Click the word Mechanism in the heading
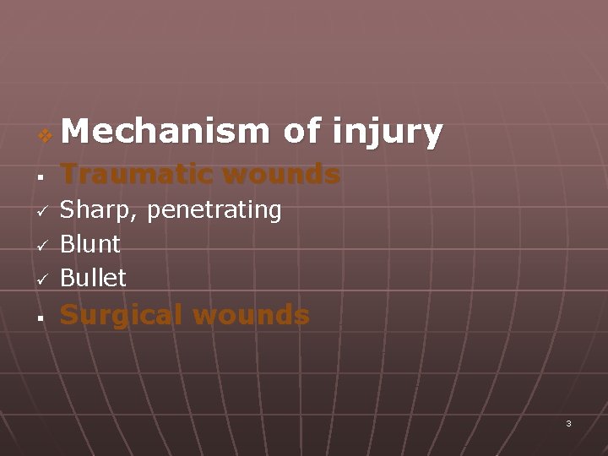[x=165, y=132]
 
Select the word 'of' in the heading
[x=301, y=132]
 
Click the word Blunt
[x=90, y=244]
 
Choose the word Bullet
[x=93, y=277]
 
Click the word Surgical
[x=121, y=315]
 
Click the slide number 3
[x=568, y=423]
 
